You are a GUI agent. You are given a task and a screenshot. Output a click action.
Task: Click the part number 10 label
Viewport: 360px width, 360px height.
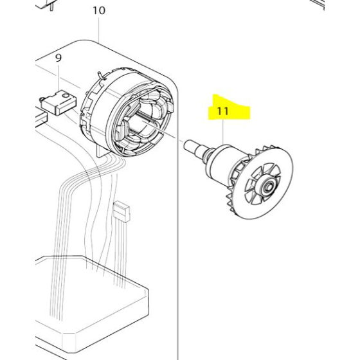98,11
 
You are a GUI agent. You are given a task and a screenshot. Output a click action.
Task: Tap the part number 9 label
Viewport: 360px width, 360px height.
59,58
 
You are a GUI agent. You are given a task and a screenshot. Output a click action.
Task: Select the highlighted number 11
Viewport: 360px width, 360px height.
223,111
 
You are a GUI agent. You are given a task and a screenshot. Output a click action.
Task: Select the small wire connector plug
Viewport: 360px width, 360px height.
120,211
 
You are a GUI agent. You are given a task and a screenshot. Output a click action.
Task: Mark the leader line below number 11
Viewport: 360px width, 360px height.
223,132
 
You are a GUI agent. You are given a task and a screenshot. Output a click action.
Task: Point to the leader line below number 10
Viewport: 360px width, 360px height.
98,29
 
